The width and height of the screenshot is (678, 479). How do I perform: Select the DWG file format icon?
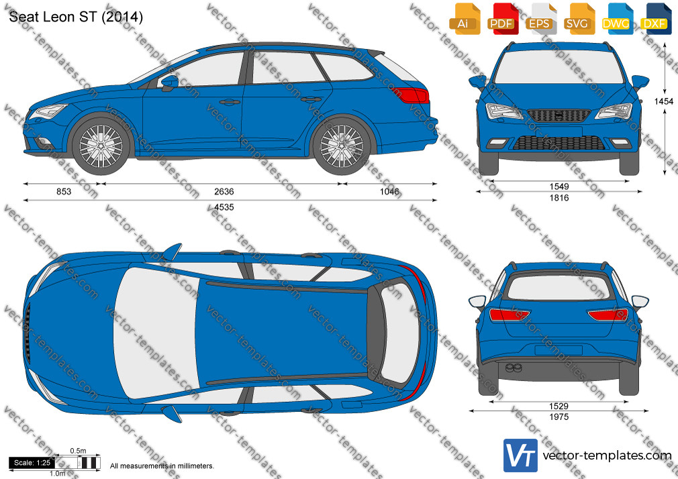(x=616, y=19)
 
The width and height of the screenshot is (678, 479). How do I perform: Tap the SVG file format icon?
(x=578, y=19)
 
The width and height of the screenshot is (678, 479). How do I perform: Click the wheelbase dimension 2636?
(x=224, y=191)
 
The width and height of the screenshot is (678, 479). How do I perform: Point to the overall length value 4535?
(x=224, y=207)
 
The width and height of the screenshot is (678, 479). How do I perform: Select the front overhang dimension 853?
(x=64, y=191)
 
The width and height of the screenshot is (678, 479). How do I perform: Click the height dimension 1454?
(x=663, y=101)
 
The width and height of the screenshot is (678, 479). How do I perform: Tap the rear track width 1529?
(x=559, y=406)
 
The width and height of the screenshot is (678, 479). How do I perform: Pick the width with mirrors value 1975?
(x=559, y=417)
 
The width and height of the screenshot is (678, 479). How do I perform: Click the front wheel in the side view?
(x=101, y=146)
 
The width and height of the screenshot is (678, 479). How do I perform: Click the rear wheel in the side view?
(x=342, y=146)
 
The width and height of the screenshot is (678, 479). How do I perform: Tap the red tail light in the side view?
(x=411, y=95)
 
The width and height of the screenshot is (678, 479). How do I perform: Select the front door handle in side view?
(x=230, y=103)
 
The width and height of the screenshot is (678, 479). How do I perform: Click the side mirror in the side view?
(x=169, y=81)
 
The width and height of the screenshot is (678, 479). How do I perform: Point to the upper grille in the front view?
(x=559, y=115)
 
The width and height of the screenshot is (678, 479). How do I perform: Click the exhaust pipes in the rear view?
(x=514, y=368)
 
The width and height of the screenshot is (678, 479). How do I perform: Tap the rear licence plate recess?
(x=559, y=350)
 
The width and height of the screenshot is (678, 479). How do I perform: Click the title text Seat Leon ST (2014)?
(x=76, y=16)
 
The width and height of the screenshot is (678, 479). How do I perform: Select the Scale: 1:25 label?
(x=32, y=463)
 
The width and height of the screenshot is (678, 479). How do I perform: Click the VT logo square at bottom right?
(x=521, y=456)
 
